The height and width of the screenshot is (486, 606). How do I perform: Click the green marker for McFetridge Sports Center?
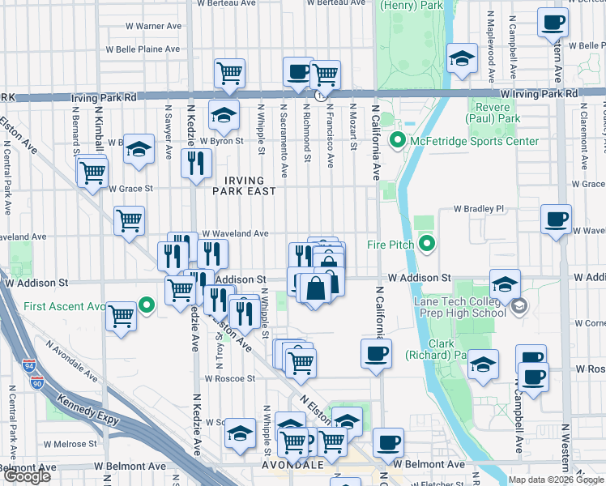click(x=397, y=141)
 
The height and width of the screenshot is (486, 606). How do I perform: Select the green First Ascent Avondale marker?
click(x=147, y=305)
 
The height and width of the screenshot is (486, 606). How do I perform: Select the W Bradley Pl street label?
click(x=478, y=208)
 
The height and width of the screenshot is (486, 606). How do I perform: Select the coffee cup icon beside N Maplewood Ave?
click(x=553, y=23)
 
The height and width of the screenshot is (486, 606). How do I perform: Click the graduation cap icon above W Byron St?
click(x=224, y=116)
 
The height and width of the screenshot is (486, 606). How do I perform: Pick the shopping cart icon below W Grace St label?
click(x=130, y=219)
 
